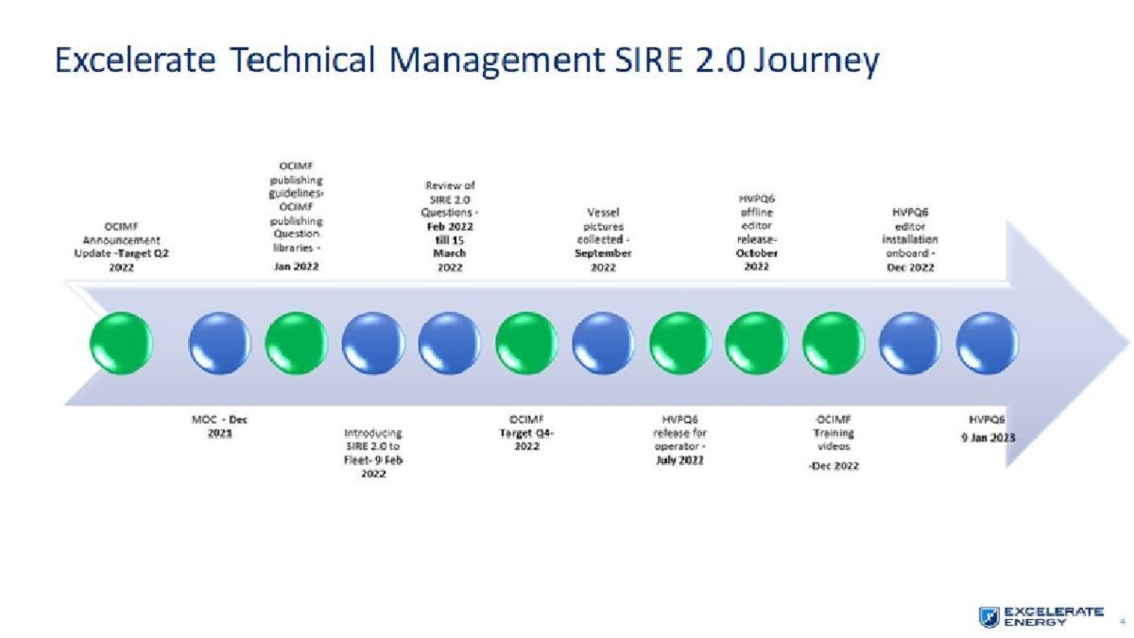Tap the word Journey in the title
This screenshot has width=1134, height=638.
pos(817,60)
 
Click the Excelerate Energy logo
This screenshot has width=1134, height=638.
pos(1040,615)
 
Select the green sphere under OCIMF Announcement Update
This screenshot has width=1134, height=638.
pos(121,343)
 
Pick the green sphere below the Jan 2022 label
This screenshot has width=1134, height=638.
pos(296,343)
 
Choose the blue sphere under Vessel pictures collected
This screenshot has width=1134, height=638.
pos(603,343)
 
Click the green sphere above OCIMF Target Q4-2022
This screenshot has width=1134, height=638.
pos(526,343)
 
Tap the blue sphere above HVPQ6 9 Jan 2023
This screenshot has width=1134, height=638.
pos(987,343)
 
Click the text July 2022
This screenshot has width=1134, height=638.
pos(679,460)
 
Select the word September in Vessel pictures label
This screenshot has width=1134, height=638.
pos(603,253)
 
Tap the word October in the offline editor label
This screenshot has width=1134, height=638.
pos(756,253)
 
